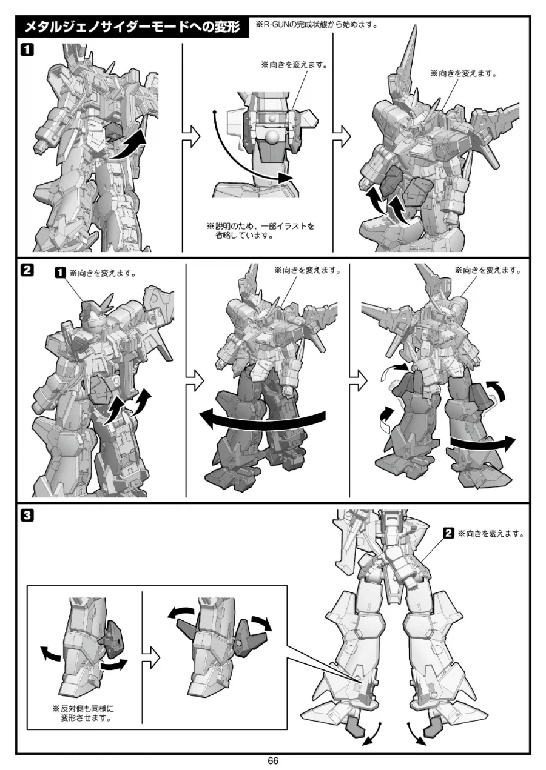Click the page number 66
click(273, 761)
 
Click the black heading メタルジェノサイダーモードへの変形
click(132, 27)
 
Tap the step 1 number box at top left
click(27, 50)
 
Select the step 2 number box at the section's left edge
click(27, 271)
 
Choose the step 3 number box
click(27, 516)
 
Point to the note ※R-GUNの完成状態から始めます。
click(316, 24)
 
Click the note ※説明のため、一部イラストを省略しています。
click(260, 231)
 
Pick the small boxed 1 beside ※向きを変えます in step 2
click(60, 273)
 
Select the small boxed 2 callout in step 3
click(448, 534)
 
